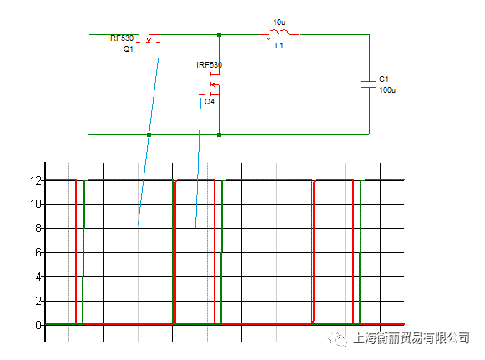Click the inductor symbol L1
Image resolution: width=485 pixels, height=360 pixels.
point(279,33)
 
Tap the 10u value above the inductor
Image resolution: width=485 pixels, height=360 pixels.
point(280,23)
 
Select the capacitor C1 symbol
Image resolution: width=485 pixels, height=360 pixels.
point(369,84)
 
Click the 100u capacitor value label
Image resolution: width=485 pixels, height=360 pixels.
point(387,90)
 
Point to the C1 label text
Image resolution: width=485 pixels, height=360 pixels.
point(383,79)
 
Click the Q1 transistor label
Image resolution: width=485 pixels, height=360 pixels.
point(128,49)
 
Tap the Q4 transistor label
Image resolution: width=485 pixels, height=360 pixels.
point(210,102)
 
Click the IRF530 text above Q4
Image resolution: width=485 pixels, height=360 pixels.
point(209,64)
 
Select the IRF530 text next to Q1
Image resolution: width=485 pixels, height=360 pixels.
point(121,38)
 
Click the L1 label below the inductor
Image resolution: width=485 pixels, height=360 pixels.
point(280,46)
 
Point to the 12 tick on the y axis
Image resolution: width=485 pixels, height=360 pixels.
point(36,180)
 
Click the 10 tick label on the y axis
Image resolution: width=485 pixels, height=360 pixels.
point(36,204)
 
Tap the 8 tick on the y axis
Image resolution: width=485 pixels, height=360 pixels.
point(38,228)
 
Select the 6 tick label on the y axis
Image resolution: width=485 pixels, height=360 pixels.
point(38,252)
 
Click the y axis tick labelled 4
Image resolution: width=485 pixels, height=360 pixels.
point(38,276)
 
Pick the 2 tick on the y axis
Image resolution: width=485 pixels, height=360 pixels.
point(38,301)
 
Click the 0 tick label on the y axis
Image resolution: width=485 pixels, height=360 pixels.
point(38,325)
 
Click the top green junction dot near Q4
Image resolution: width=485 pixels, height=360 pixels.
point(219,35)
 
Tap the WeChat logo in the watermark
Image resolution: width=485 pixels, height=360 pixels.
point(337,338)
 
